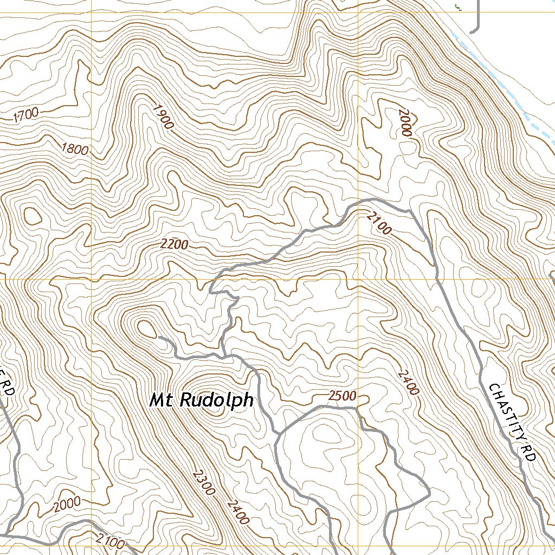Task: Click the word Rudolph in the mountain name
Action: [x=216, y=401]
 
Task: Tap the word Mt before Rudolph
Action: [x=162, y=401]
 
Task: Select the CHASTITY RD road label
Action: [x=512, y=423]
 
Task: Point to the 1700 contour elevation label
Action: [x=26, y=114]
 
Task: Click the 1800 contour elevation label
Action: [x=75, y=149]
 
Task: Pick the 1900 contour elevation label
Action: [x=163, y=116]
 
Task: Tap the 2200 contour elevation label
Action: [x=175, y=245]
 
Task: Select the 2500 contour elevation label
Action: [x=343, y=396]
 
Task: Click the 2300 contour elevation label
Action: [x=204, y=482]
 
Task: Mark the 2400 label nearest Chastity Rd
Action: [x=408, y=382]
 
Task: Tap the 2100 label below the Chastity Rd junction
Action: [x=378, y=223]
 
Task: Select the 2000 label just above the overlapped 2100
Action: [x=67, y=505]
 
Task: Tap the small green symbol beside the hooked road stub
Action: [x=458, y=5]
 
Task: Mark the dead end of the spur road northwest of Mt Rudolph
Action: [x=159, y=338]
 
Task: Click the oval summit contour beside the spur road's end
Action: [x=146, y=327]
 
